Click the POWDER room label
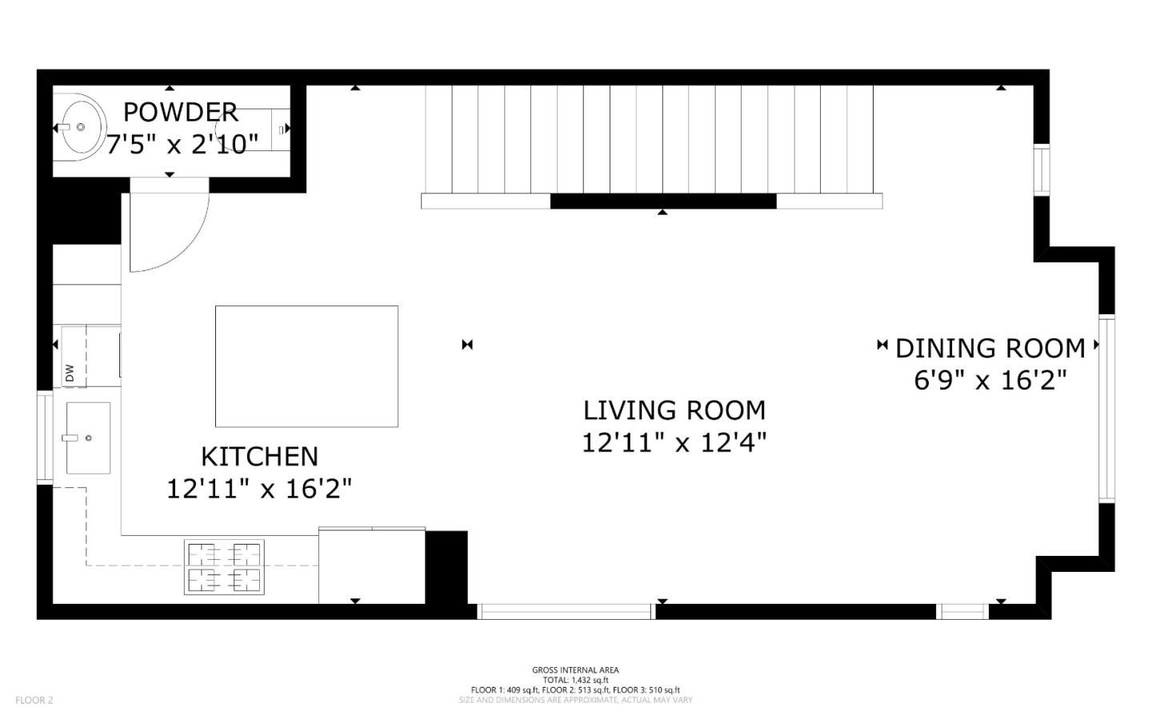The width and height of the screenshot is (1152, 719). [180, 112]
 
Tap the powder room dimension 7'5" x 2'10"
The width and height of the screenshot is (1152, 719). [182, 145]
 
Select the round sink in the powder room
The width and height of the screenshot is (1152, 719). [81, 127]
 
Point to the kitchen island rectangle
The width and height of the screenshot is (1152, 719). [306, 366]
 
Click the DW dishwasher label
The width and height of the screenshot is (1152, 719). [70, 373]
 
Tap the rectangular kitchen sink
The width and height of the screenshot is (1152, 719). [88, 437]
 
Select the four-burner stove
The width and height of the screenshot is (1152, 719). [224, 567]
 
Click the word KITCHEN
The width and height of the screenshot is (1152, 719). [259, 457]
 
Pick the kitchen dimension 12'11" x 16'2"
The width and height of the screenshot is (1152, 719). [259, 489]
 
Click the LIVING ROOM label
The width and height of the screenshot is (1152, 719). [674, 410]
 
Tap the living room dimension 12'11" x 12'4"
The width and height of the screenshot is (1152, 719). [674, 442]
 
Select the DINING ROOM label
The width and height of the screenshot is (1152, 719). [990, 349]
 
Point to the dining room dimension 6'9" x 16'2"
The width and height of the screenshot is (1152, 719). [990, 380]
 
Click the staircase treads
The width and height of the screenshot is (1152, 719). [648, 140]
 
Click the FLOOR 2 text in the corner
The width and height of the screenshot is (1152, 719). [34, 700]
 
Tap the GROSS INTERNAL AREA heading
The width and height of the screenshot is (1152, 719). [575, 670]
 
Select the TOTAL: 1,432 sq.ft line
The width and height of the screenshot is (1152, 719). [575, 680]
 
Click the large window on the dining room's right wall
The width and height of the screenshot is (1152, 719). [1106, 409]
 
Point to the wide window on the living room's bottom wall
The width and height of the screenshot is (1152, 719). [566, 612]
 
